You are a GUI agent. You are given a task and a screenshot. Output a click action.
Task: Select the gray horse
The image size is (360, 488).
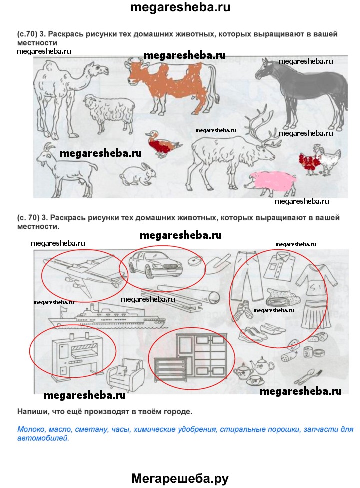tap(301, 90)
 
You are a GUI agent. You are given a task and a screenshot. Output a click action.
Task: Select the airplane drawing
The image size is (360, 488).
tap(84, 271)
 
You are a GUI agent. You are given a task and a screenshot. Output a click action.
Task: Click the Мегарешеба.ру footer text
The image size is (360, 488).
tap(180, 478)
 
